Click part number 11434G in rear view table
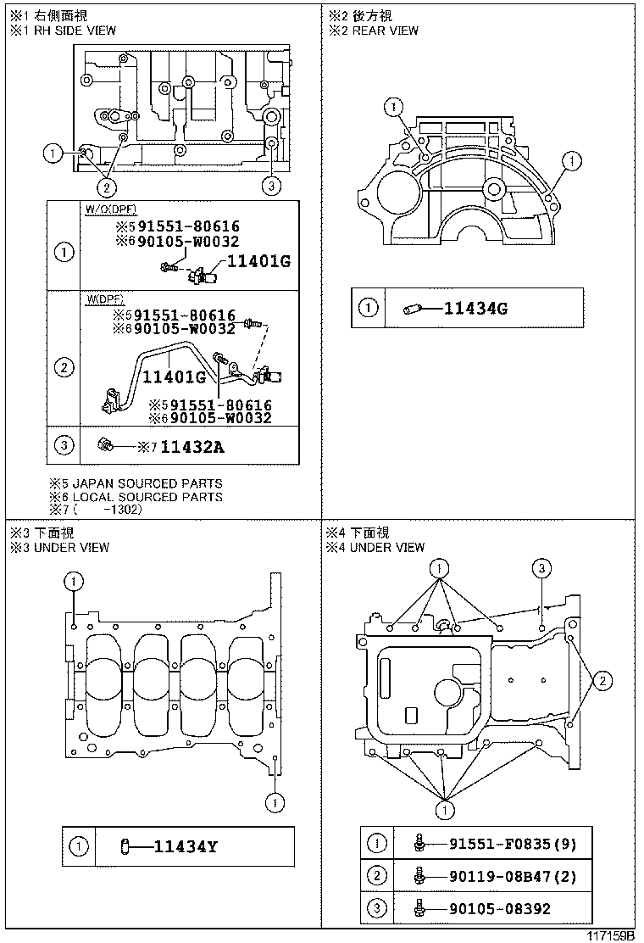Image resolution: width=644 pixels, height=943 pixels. point(475,309)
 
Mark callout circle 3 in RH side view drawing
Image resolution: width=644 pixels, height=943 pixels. point(270,185)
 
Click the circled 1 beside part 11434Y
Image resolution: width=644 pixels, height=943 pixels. point(78,845)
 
